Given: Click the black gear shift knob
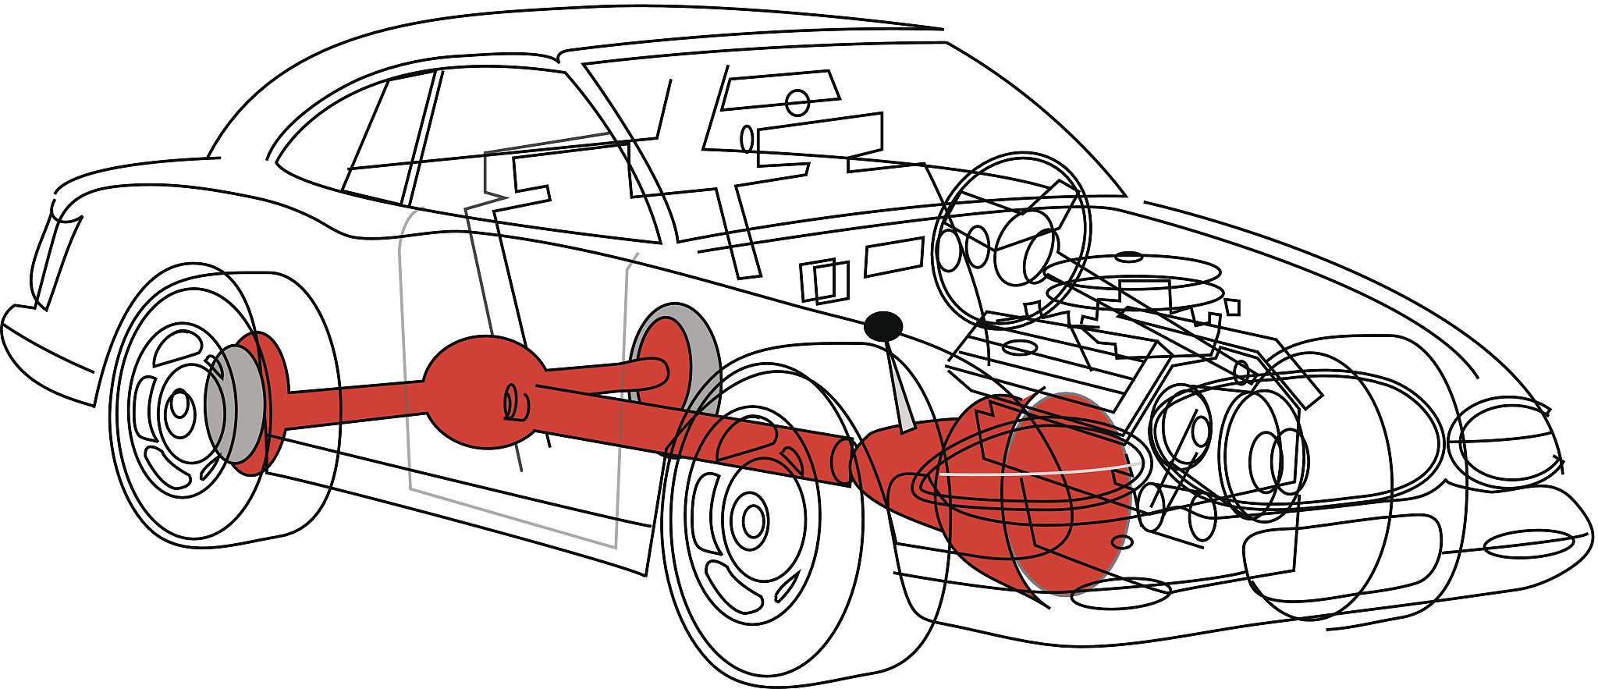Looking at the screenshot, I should click(x=883, y=326).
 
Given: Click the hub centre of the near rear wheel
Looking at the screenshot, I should click(x=180, y=405).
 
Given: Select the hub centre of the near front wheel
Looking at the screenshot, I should click(x=753, y=520).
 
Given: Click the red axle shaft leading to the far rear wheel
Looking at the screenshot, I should click(x=609, y=375).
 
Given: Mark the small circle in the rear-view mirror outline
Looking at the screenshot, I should click(x=797, y=102).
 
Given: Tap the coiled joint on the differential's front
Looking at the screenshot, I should click(x=516, y=402).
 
